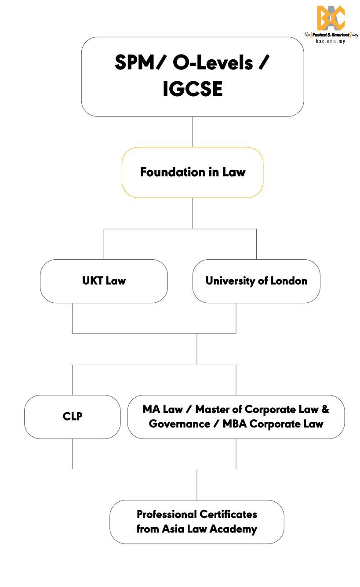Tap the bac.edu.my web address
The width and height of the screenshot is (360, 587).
[x=331, y=41]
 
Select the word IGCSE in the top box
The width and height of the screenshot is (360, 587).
[x=193, y=89]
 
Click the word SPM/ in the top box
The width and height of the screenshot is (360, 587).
[x=141, y=63]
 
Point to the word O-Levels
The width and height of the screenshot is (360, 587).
[x=213, y=63]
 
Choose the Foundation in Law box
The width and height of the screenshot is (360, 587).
[x=193, y=172]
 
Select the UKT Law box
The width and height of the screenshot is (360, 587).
[x=104, y=281]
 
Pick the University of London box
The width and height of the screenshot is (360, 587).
[x=256, y=281]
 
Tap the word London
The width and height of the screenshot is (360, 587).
[x=288, y=281]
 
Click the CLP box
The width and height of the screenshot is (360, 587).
[x=73, y=417]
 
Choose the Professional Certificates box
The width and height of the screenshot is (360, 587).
[x=197, y=522]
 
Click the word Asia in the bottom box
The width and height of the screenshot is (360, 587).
[x=173, y=529]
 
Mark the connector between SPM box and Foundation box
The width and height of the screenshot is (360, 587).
[x=193, y=132]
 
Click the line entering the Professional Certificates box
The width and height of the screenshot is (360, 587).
[x=197, y=485]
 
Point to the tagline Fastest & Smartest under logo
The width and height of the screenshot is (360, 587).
[x=329, y=34]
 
